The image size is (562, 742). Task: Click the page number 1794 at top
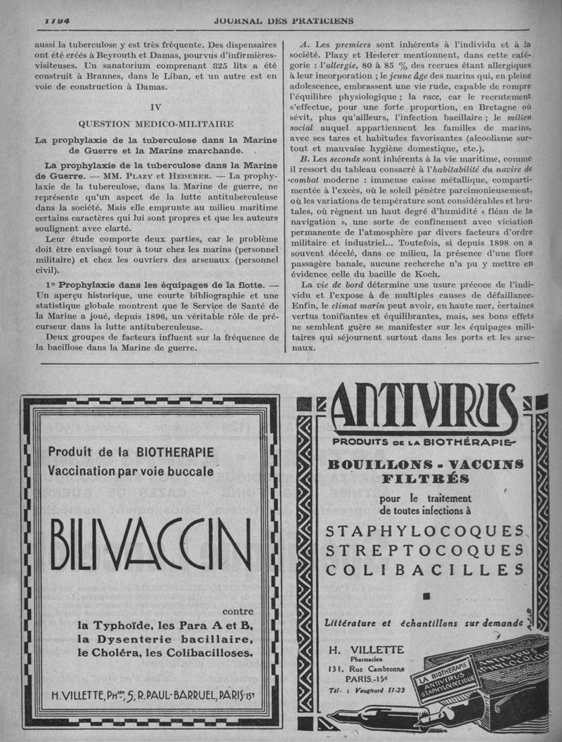[x=57, y=20]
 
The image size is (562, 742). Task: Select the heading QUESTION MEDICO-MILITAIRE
[x=156, y=124]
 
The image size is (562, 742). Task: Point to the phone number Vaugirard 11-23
[x=376, y=691]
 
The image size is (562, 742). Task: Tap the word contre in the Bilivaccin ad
[x=237, y=611]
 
